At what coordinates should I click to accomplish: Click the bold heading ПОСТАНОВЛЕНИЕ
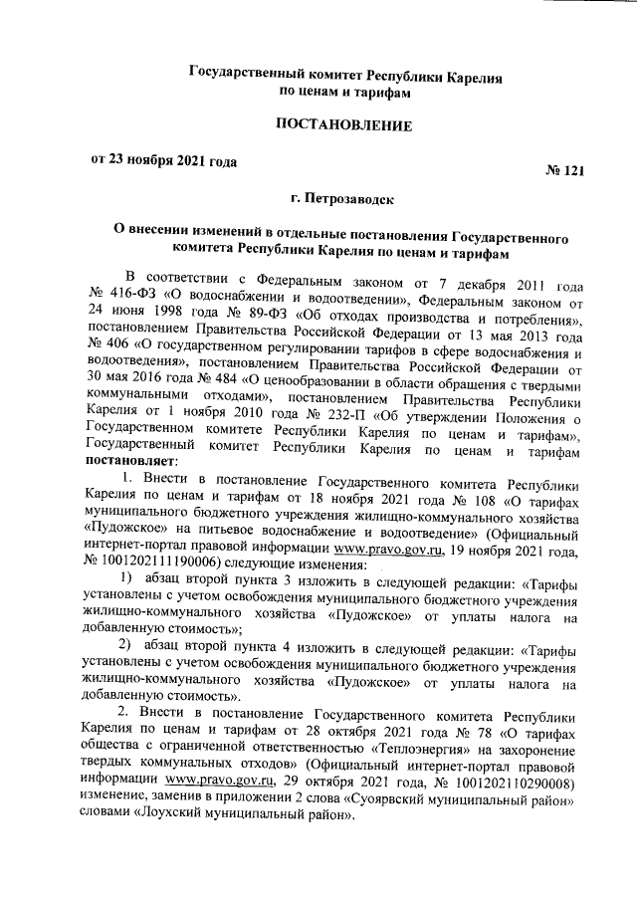coord(342,126)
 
